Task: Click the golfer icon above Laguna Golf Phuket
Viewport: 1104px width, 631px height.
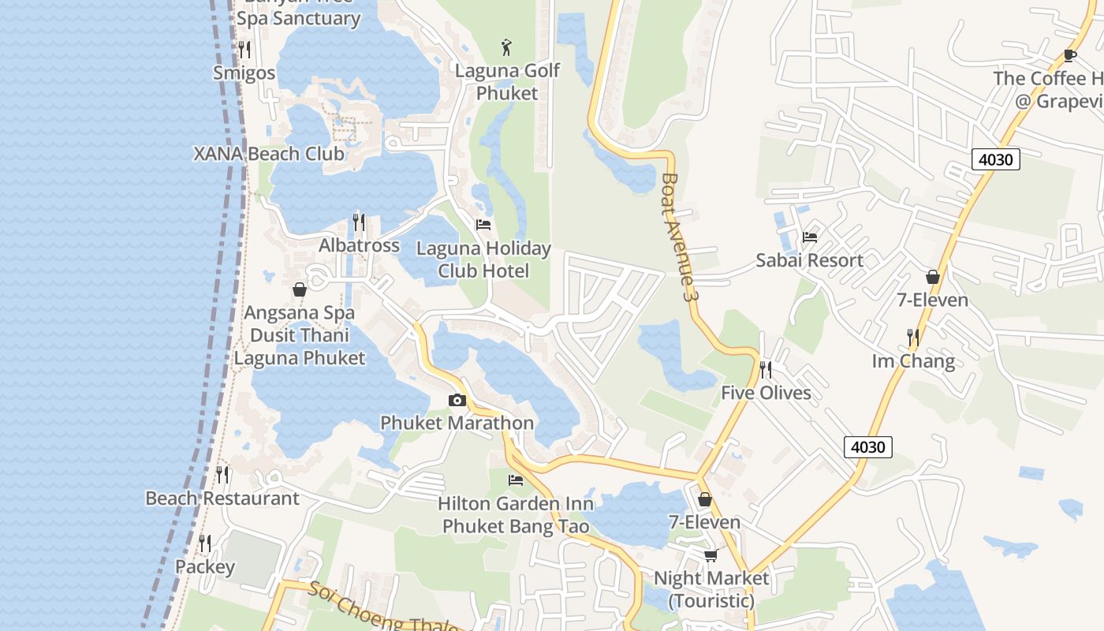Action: click(x=507, y=47)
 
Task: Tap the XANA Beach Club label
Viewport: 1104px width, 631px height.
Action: click(x=269, y=154)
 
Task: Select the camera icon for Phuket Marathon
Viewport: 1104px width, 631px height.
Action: click(x=457, y=401)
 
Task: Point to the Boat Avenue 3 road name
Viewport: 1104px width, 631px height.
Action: click(x=680, y=237)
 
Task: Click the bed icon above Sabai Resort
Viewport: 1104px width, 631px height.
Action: click(x=809, y=237)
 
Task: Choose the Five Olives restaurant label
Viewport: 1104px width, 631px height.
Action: click(x=766, y=393)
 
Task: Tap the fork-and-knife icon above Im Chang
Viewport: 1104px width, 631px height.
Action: click(x=912, y=338)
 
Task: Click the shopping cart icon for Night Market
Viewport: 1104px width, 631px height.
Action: click(x=711, y=555)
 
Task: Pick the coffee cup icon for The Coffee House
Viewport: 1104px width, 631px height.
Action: click(x=1069, y=55)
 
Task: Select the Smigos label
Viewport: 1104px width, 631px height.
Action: click(x=244, y=73)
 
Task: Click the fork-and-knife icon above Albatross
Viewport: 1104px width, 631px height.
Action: click(x=359, y=222)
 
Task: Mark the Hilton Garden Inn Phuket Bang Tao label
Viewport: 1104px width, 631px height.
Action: click(x=516, y=514)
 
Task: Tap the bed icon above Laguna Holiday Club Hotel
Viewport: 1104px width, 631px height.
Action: click(x=483, y=225)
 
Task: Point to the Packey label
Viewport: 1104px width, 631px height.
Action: click(x=205, y=567)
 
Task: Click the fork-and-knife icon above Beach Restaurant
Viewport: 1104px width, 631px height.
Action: click(x=222, y=475)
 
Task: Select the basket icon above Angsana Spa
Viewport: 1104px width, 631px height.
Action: click(x=300, y=289)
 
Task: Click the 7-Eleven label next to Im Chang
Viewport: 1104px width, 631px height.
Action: click(x=933, y=301)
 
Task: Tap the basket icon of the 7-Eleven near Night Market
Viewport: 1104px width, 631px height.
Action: click(x=705, y=499)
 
